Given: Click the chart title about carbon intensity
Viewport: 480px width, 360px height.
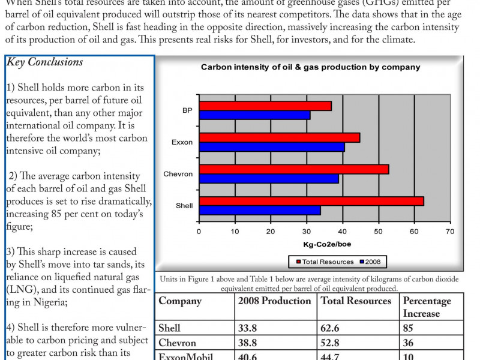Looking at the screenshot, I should [x=310, y=67].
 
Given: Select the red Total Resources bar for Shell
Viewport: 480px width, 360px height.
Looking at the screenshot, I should [x=311, y=201].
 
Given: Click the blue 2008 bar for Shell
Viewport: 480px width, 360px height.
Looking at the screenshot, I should [x=260, y=210].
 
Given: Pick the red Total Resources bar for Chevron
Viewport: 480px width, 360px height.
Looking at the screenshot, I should [x=294, y=169].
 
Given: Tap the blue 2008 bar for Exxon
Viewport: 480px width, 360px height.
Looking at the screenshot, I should [x=272, y=146].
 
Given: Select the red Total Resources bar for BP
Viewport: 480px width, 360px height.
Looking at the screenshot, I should [x=265, y=106].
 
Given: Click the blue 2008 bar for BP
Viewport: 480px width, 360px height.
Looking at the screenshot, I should [x=254, y=115].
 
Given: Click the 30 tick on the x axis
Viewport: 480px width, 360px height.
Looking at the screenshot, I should [x=307, y=231].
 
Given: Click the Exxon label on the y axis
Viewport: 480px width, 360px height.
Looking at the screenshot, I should [x=182, y=142].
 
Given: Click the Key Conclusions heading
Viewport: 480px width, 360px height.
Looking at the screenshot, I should [x=45, y=62].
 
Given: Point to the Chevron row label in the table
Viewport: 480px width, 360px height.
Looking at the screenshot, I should [x=177, y=343].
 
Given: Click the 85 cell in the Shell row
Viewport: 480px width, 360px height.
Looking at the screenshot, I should [x=409, y=328].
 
